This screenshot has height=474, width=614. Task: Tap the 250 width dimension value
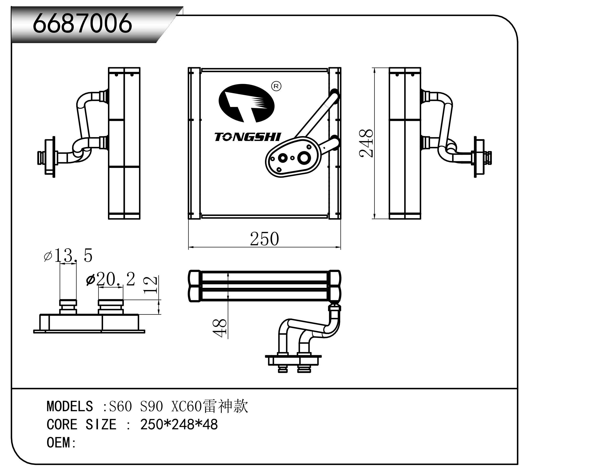(x=264, y=239)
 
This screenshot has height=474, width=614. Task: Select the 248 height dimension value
(x=366, y=143)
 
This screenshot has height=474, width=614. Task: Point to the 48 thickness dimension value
(x=220, y=328)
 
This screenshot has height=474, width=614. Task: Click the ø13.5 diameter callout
(x=68, y=255)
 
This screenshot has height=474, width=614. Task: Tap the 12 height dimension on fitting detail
(x=151, y=285)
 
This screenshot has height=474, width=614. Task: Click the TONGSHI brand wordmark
(x=247, y=137)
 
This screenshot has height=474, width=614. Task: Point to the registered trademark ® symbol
(x=276, y=86)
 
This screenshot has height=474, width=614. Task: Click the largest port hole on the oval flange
(x=304, y=158)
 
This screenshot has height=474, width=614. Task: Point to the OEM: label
(x=61, y=443)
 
